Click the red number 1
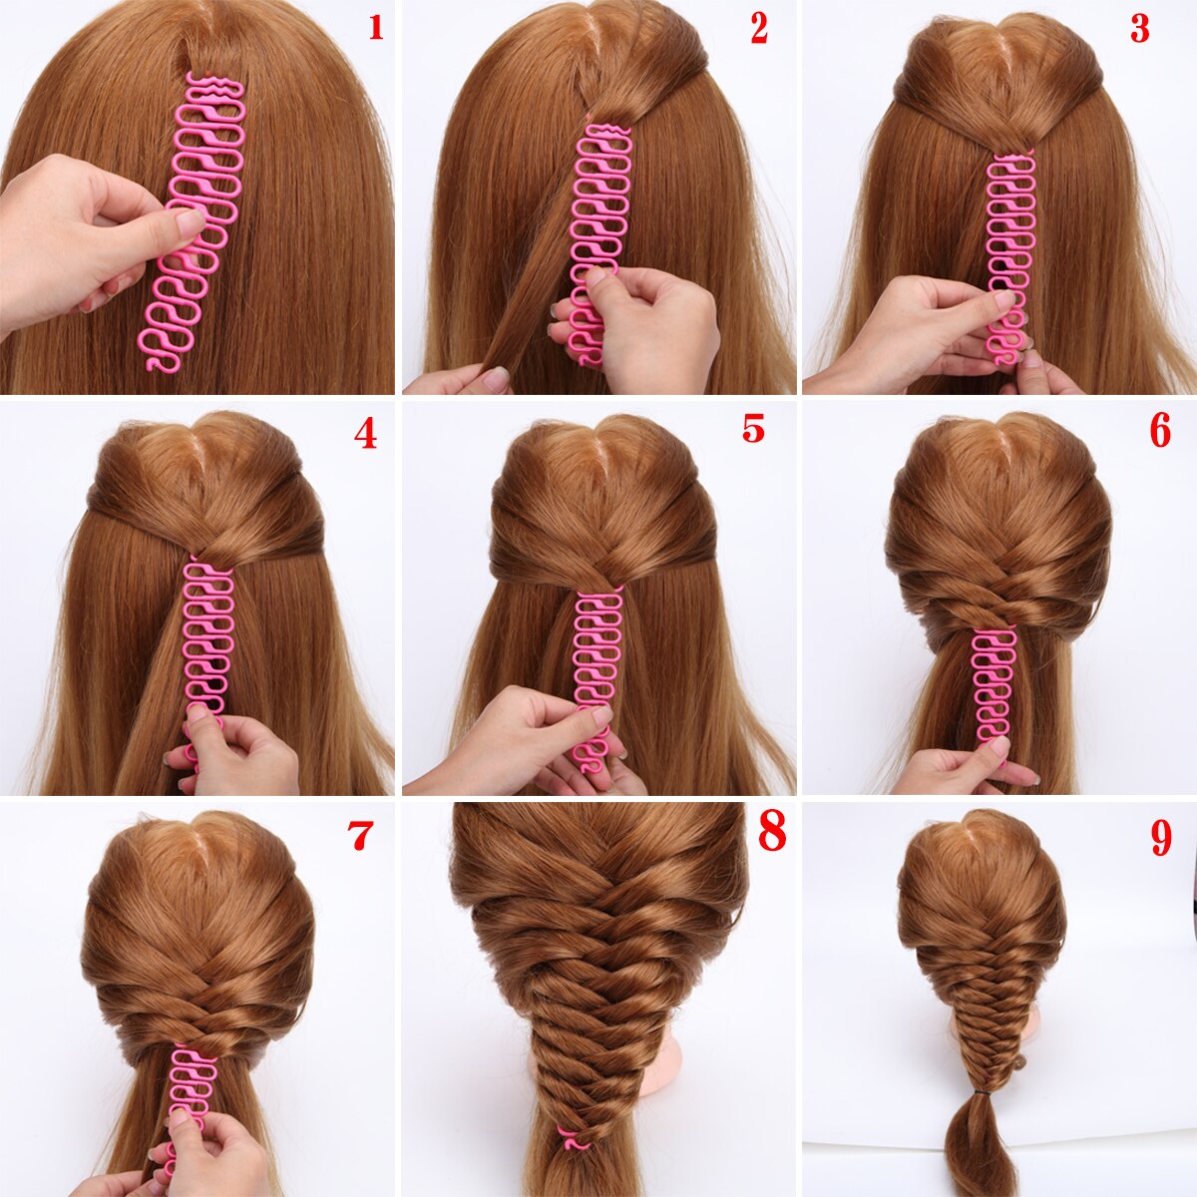point(375,27)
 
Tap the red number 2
point(759,29)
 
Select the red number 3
point(1139,29)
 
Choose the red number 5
point(753,428)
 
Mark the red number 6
point(1159,430)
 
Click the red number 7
point(361,836)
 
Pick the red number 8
point(772,831)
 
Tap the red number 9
point(1161,838)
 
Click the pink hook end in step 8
point(571,1138)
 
